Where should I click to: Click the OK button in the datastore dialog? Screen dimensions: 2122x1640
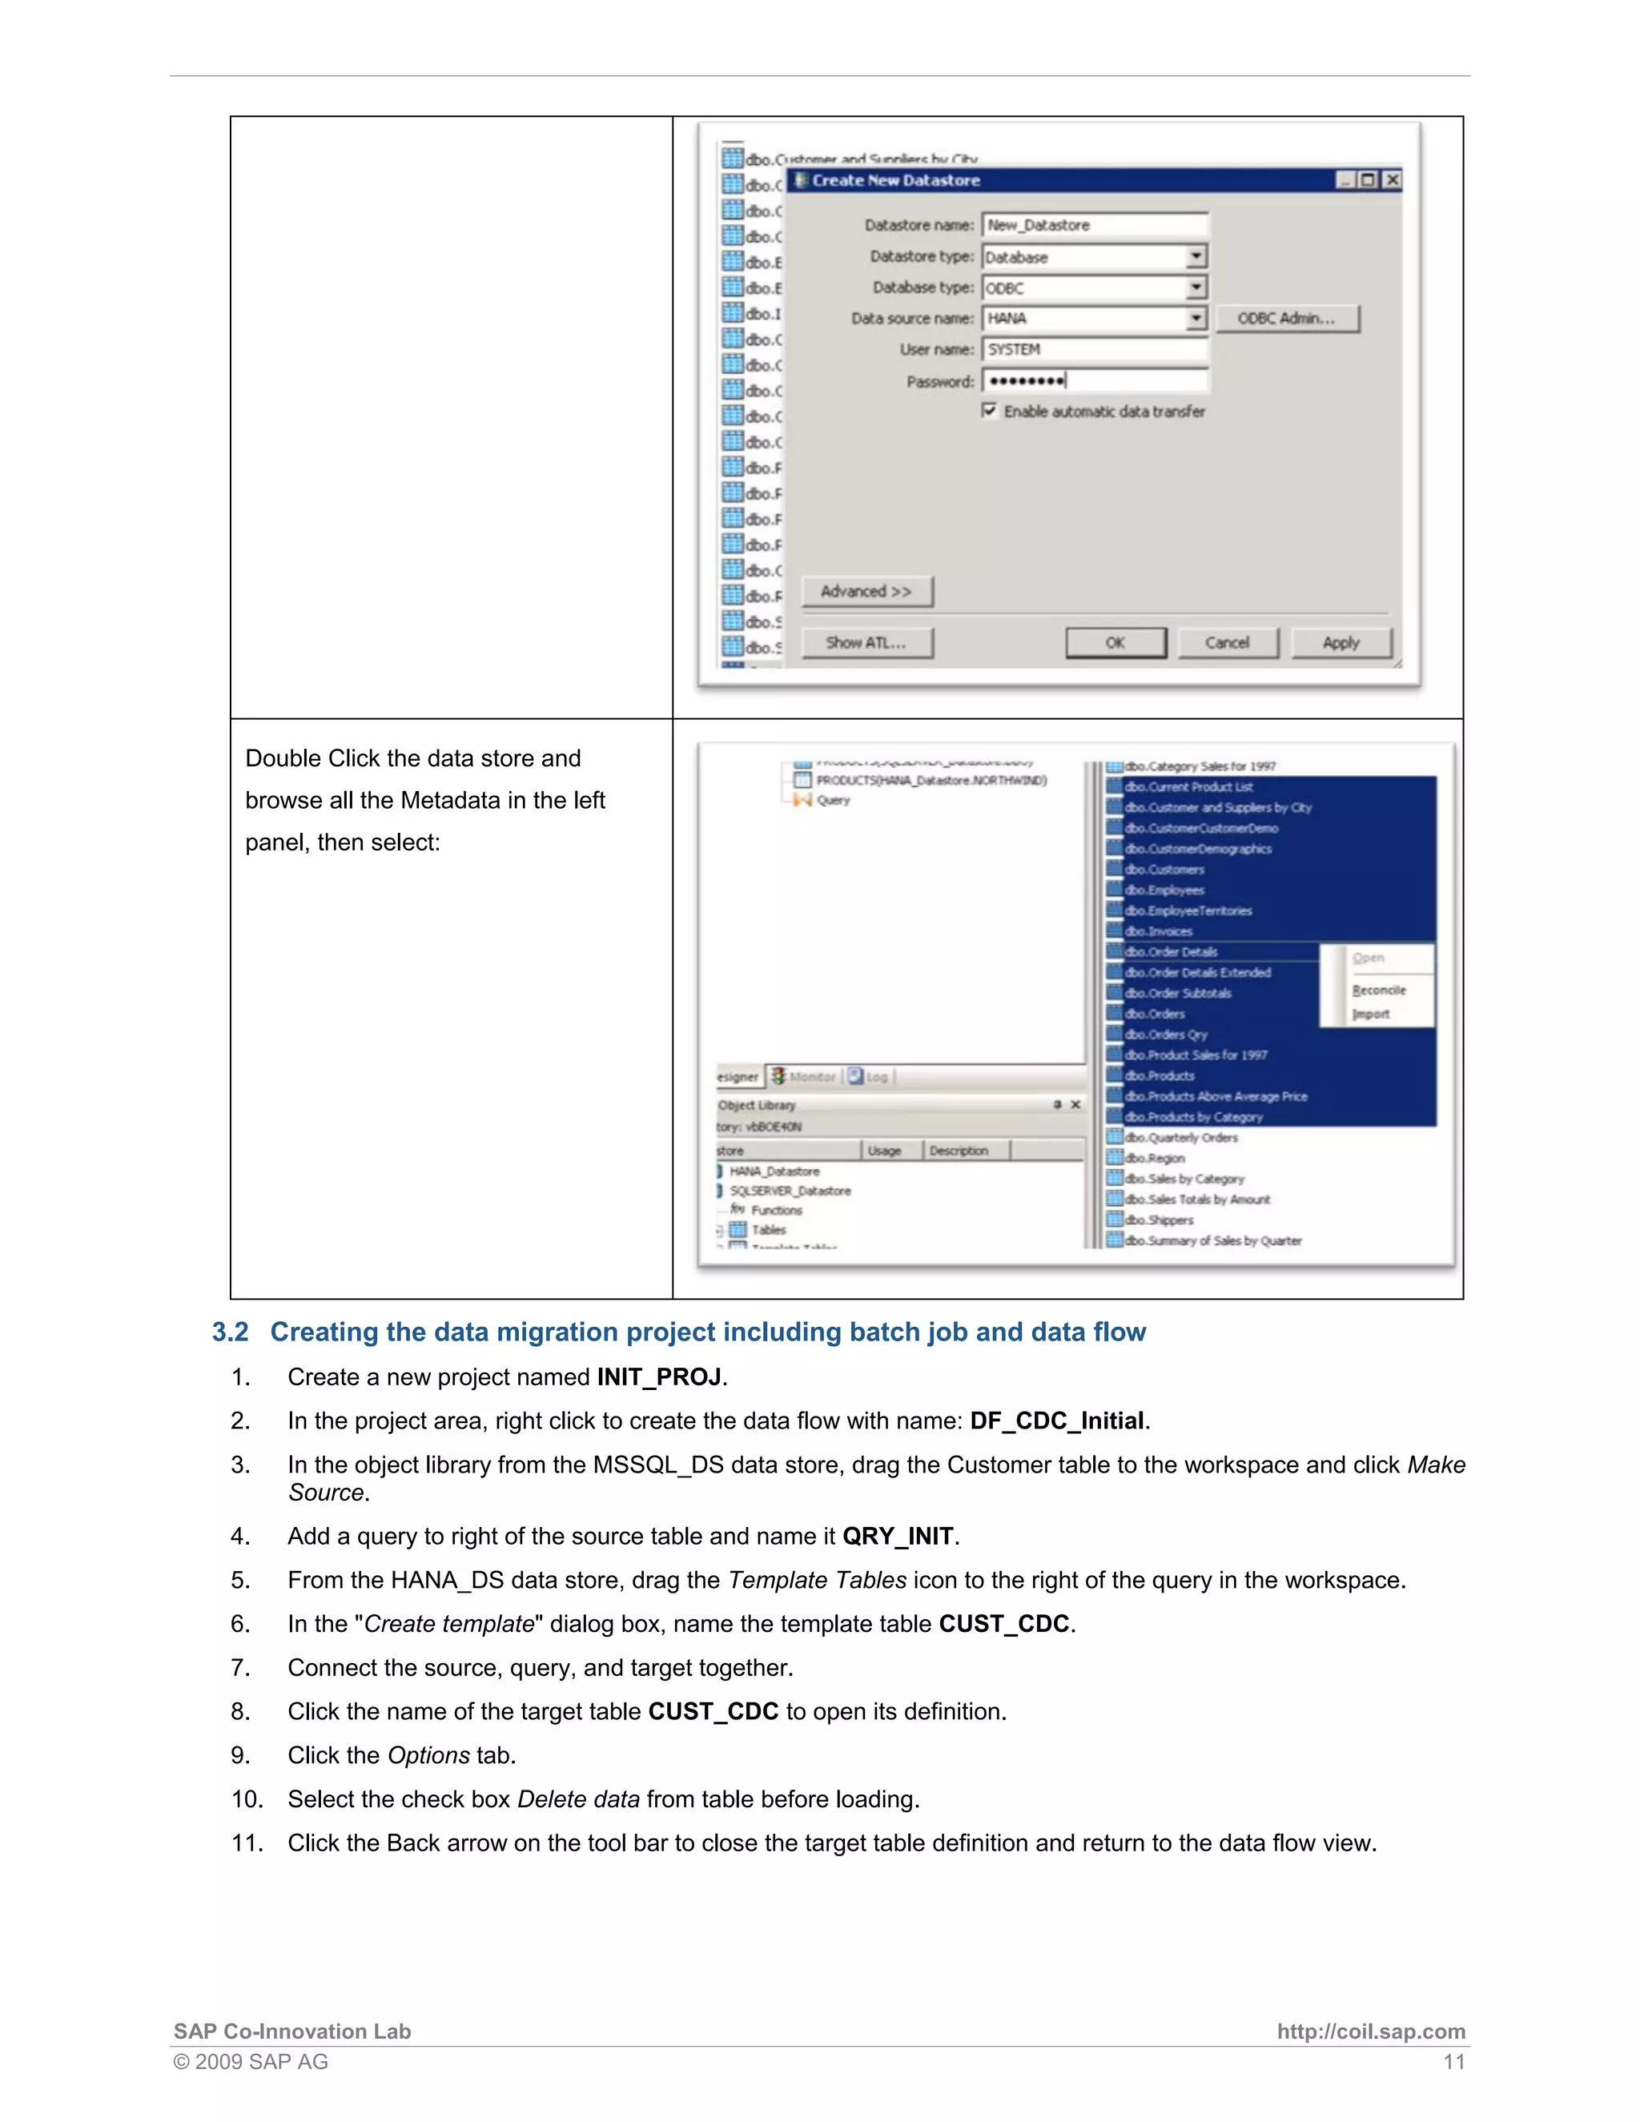pyautogui.click(x=1115, y=643)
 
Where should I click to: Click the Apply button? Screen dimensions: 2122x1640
pyautogui.click(x=1341, y=643)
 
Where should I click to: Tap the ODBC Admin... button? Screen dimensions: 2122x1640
pyautogui.click(x=1285, y=319)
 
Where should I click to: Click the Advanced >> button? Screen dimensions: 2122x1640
pyautogui.click(x=866, y=592)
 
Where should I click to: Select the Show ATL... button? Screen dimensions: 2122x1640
pyautogui.click(x=866, y=643)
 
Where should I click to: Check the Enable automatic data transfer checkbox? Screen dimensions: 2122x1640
pyautogui.click(x=989, y=411)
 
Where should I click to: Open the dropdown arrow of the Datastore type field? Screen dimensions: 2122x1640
pyautogui.click(x=1196, y=256)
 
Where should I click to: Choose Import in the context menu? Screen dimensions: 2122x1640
pyautogui.click(x=1371, y=1015)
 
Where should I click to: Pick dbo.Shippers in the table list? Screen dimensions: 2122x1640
pyautogui.click(x=1159, y=1220)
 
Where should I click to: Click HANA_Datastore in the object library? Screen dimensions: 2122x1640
pyautogui.click(x=774, y=1172)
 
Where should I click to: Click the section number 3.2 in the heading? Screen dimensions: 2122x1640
pyautogui.click(x=231, y=1332)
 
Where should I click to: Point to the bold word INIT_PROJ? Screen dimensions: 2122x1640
pyautogui.click(x=659, y=1378)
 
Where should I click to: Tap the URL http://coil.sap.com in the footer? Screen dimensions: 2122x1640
pyautogui.click(x=1370, y=2032)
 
